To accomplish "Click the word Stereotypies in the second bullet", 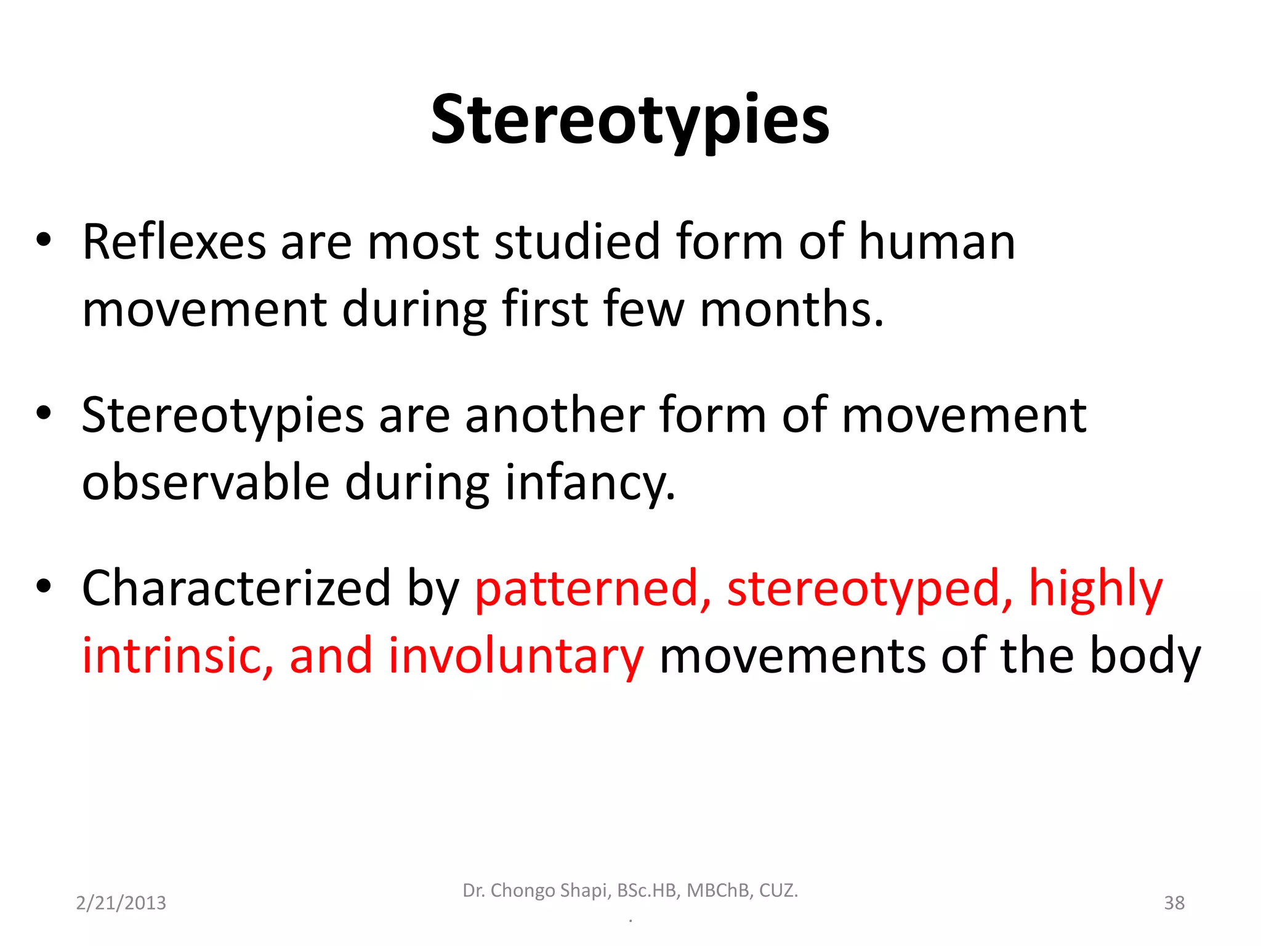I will (x=223, y=416).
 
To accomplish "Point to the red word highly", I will (x=1096, y=589).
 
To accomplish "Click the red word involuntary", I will (x=516, y=657).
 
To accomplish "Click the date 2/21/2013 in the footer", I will (x=121, y=903).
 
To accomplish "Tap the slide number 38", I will (x=1174, y=903).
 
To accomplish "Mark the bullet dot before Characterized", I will (x=43, y=587).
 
